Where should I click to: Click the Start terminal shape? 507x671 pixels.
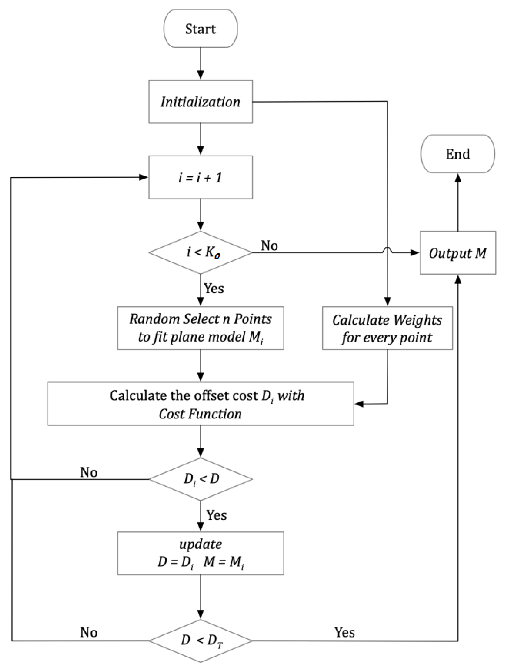tap(200, 29)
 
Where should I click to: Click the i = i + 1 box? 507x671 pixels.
tap(200, 177)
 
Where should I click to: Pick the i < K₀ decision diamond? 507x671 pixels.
tap(200, 252)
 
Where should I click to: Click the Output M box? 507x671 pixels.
tap(457, 253)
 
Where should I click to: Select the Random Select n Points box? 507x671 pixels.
tap(200, 328)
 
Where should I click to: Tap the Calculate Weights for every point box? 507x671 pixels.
tap(387, 328)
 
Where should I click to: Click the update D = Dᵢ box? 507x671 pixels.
tap(200, 553)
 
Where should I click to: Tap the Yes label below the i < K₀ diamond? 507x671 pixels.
tap(214, 288)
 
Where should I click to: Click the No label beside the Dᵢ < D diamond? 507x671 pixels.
tap(89, 472)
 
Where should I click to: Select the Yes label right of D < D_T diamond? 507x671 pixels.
tap(345, 633)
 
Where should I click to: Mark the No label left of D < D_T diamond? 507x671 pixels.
tap(89, 633)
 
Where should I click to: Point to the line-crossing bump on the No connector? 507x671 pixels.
tap(387, 250)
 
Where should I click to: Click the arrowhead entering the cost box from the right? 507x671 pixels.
tap(359, 404)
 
